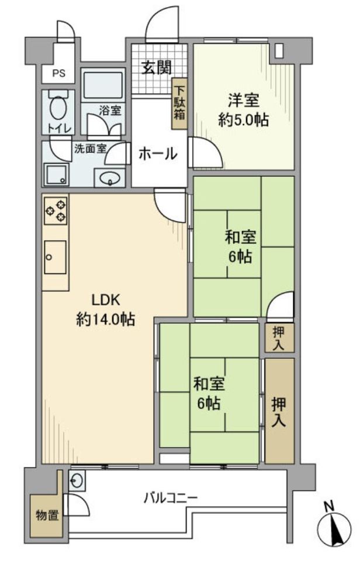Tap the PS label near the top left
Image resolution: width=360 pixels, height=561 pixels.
point(59,74)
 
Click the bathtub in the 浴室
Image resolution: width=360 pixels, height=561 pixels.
point(103,86)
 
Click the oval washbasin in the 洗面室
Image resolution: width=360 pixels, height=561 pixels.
point(109,178)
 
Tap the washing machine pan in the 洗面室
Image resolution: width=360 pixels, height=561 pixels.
point(56,174)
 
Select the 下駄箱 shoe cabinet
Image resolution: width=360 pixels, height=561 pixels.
point(179,103)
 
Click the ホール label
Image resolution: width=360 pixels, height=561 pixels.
point(157,154)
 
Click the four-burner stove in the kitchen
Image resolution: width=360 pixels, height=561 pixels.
point(56,210)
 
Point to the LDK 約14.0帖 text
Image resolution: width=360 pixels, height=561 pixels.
point(106,310)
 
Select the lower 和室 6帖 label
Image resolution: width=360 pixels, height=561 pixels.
point(208,393)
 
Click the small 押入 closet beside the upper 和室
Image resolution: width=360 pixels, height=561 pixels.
point(279,338)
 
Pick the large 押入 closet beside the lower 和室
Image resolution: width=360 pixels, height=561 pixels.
point(279,411)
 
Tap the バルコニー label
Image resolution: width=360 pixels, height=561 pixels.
point(171,498)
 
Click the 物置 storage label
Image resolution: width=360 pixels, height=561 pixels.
point(46,516)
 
